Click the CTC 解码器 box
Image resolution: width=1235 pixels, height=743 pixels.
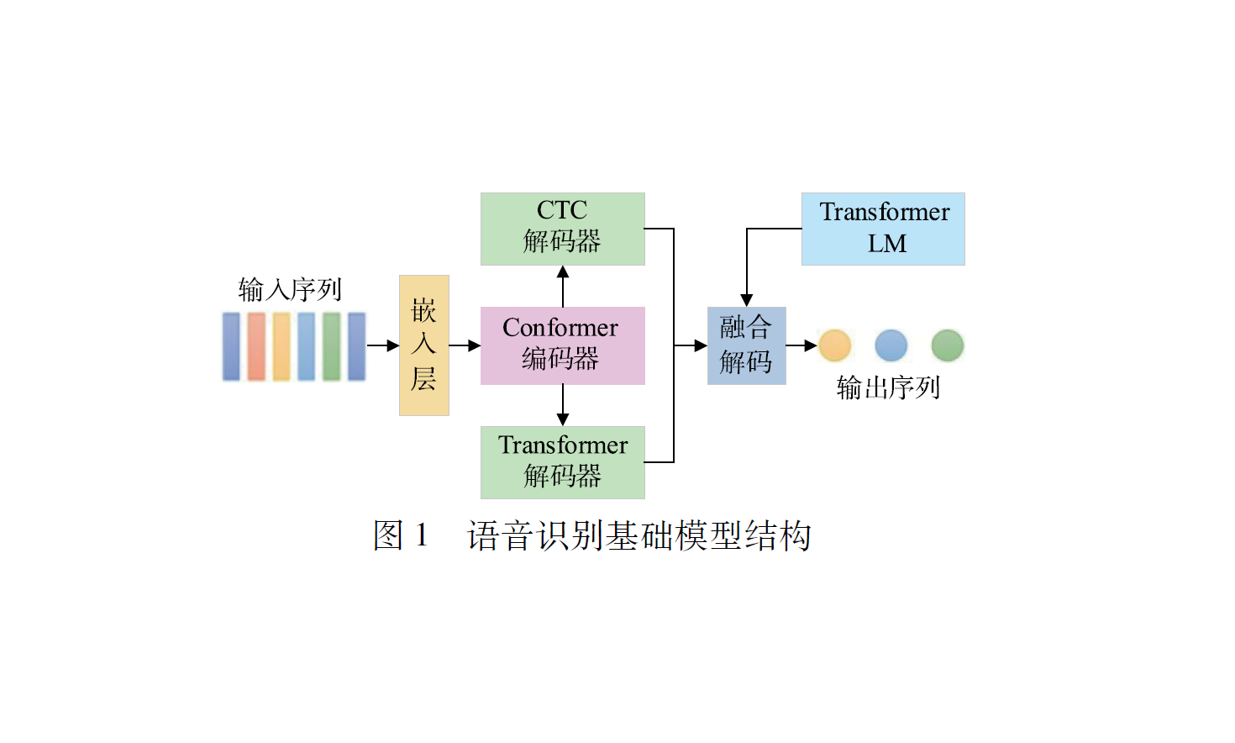(x=562, y=229)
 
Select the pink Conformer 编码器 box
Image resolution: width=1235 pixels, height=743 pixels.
(x=562, y=345)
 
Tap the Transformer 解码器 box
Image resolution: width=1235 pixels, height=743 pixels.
(x=562, y=462)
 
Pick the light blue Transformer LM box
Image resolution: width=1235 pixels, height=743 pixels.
(x=883, y=229)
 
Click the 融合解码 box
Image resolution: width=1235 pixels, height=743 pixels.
(x=746, y=345)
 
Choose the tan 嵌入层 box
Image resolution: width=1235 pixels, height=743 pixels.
(x=423, y=345)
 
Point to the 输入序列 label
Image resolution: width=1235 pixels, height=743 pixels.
(x=290, y=290)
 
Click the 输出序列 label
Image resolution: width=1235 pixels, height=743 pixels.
(x=888, y=388)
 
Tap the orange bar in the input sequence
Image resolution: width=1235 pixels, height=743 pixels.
(x=256, y=346)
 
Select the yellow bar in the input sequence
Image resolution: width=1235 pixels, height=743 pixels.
(x=281, y=346)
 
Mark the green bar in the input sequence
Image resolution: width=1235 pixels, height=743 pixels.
(x=332, y=346)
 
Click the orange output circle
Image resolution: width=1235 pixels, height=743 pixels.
(x=835, y=345)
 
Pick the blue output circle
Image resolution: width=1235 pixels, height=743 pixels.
(x=891, y=345)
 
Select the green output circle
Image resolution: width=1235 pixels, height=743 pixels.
(x=948, y=345)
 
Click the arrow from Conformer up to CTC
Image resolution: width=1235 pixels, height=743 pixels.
(x=563, y=286)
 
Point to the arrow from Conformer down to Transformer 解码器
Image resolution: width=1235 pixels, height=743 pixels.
(x=563, y=405)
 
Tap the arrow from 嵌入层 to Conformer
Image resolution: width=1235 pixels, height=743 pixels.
(x=465, y=345)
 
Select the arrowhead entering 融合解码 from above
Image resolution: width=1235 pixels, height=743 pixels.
(x=747, y=300)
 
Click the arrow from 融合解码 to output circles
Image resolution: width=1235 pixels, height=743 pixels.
(x=802, y=345)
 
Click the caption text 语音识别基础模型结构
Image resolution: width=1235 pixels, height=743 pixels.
(x=639, y=536)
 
